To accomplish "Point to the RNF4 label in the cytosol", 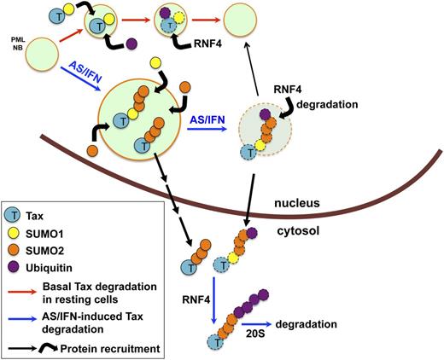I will (196, 276).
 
